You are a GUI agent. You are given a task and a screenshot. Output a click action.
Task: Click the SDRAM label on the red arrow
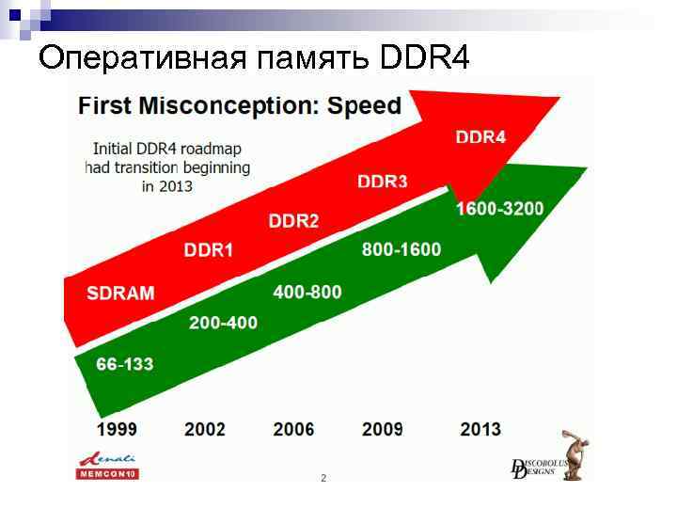point(120,293)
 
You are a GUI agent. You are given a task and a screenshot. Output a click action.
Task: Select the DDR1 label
point(209,250)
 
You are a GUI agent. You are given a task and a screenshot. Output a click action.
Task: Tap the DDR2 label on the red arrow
point(293,221)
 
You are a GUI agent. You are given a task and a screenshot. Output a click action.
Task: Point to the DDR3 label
point(383,181)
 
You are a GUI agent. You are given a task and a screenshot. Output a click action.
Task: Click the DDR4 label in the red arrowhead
point(480,137)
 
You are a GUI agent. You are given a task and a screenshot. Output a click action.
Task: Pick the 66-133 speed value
point(124,364)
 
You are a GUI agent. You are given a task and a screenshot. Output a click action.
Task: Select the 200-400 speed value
point(223,323)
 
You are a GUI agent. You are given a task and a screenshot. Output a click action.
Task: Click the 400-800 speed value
point(307,292)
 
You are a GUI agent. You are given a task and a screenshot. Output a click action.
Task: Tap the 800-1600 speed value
point(401,249)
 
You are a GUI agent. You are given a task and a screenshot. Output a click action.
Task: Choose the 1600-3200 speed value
point(499,208)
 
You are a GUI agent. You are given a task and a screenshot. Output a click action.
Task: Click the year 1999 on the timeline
point(117,429)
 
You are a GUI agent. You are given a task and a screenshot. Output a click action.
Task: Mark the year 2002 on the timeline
point(205,429)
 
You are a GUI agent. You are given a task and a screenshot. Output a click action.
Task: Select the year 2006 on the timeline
point(294,429)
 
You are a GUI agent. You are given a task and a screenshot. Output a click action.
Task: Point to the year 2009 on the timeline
point(383,429)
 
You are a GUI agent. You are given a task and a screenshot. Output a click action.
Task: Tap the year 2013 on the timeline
point(480,429)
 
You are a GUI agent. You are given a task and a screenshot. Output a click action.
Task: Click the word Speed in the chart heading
point(364,105)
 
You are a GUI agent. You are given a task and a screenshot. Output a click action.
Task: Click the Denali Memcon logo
point(107,466)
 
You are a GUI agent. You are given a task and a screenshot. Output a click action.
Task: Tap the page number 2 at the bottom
point(323,479)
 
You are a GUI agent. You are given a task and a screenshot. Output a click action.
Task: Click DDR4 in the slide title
point(424,57)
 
